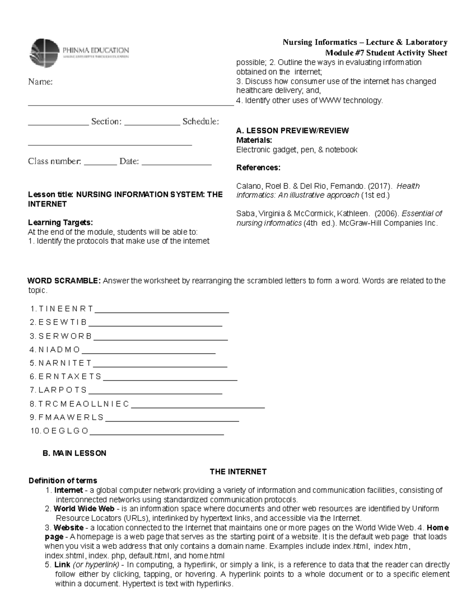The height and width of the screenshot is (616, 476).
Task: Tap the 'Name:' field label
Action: pos(40,82)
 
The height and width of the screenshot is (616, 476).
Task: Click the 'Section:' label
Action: pos(106,121)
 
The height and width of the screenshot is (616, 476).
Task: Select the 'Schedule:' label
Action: pos(200,121)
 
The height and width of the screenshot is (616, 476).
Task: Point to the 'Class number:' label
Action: pos(54,161)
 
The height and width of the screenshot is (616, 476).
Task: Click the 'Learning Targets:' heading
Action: pos(60,222)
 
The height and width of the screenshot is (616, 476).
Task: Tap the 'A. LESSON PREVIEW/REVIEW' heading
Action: pos(292,130)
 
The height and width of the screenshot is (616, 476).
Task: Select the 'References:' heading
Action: pos(258,167)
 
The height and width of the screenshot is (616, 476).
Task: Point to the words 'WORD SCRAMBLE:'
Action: pos(64,281)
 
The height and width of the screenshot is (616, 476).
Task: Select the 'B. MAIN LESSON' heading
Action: pos(74,453)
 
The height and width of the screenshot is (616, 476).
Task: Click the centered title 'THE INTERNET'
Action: pos(238,472)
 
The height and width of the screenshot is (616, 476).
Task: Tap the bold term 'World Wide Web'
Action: pos(84,509)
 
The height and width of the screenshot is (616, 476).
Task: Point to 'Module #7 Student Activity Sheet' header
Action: pos(386,53)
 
